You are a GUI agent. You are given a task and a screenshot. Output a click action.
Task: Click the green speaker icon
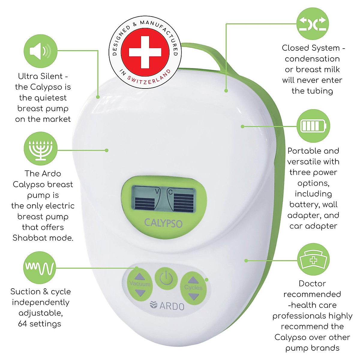[x=40, y=51]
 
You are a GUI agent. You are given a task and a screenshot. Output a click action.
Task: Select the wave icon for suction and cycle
[x=40, y=268]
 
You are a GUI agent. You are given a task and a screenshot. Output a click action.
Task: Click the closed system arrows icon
[x=313, y=24]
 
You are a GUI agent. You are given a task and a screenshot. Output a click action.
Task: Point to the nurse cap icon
[x=313, y=259]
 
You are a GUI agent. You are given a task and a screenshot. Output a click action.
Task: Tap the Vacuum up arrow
[x=139, y=277]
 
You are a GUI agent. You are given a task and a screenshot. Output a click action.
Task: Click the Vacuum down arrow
[x=139, y=292]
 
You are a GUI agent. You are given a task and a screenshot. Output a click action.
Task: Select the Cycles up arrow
[x=193, y=280]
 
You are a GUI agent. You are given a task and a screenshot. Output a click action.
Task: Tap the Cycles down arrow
[x=194, y=296]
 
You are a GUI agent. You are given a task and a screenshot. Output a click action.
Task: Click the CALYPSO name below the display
[x=163, y=223]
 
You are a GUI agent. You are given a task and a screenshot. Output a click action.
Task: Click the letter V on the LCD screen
[x=157, y=191]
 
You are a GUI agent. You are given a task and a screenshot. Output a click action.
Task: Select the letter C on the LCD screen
[x=170, y=192]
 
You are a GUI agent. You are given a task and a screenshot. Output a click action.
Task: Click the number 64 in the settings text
[x=22, y=324]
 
